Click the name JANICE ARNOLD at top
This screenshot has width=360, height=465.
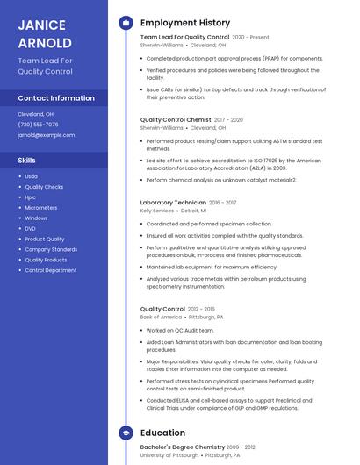[45, 33]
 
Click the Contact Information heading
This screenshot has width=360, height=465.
[56, 98]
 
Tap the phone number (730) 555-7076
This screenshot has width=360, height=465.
[38, 125]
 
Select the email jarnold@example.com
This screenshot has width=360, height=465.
[47, 135]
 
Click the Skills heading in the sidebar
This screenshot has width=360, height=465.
[27, 161]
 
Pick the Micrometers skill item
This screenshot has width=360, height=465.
[41, 208]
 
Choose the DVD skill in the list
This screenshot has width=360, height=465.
[31, 228]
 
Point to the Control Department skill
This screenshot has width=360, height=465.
[51, 270]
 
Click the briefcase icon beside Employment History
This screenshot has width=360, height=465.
[126, 23]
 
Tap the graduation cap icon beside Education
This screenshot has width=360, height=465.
[126, 433]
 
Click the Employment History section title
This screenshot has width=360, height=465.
[185, 23]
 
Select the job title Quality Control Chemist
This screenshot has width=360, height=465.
[176, 119]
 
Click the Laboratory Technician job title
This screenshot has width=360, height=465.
[173, 203]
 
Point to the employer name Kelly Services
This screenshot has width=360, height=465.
[157, 211]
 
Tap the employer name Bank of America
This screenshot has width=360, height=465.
[161, 317]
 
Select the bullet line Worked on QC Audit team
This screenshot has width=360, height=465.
[180, 330]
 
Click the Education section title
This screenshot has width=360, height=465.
[162, 433]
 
